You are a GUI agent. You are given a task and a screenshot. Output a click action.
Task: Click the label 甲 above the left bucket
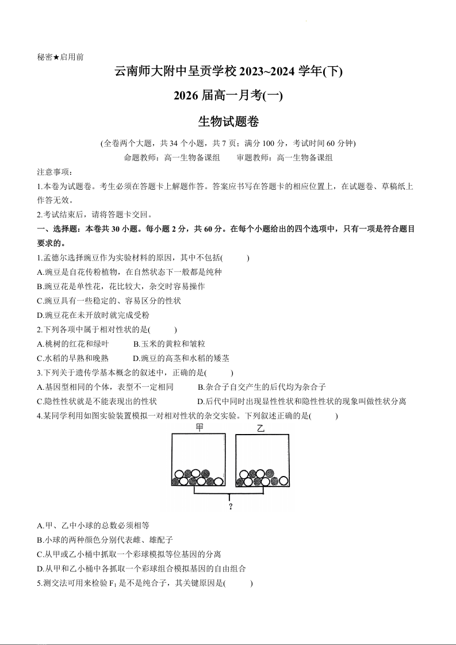click(200, 428)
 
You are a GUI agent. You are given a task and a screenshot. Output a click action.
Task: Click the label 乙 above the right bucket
click(261, 428)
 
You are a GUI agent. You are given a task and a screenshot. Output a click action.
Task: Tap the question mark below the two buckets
click(230, 506)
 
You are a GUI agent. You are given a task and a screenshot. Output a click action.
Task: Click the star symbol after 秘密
click(56, 57)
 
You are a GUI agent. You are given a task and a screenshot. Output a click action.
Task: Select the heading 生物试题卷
click(228, 122)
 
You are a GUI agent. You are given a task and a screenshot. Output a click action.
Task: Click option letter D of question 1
click(40, 315)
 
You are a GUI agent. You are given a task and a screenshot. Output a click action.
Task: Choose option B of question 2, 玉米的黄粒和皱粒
click(169, 344)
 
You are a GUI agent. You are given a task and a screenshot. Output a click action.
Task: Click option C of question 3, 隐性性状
click(97, 401)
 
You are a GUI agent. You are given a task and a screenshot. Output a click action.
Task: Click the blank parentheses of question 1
click(236, 258)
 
